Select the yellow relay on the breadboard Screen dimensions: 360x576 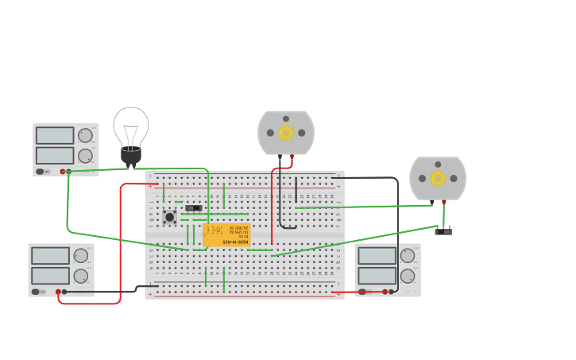[x=226, y=234]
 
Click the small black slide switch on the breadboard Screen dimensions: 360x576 [x=193, y=208]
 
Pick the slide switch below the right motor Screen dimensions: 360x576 [x=443, y=230]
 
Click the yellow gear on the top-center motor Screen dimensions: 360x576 [x=286, y=133]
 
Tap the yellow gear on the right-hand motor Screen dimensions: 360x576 [x=438, y=178]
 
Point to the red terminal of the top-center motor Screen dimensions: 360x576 [x=292, y=157]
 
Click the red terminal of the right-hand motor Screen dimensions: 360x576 [x=443, y=202]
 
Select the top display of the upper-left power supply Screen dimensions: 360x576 [x=55, y=136]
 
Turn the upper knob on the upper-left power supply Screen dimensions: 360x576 [x=85, y=135]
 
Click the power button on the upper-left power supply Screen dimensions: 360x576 [x=40, y=171]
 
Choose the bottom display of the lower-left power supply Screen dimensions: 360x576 [x=50, y=276]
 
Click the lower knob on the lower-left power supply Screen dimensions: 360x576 [x=81, y=276]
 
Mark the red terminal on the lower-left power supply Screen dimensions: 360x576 [x=58, y=292]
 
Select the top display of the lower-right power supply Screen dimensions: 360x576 [x=377, y=256]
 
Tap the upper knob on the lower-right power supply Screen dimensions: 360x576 [x=408, y=255]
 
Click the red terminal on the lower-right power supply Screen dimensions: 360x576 [x=385, y=292]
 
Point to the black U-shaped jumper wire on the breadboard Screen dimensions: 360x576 [x=288, y=225]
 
